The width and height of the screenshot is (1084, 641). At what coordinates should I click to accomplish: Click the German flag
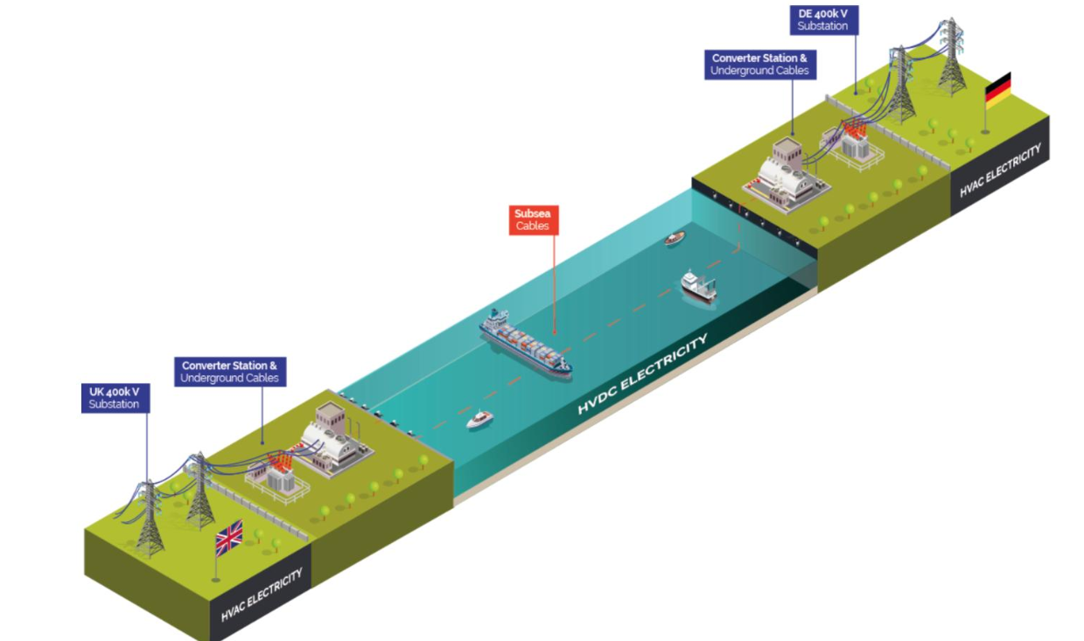click(x=997, y=90)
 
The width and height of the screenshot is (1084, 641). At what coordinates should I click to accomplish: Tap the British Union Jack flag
click(x=229, y=537)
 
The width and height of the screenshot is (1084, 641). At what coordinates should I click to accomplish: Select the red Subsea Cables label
click(x=534, y=219)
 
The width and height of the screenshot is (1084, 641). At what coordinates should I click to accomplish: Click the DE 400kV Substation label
click(x=822, y=19)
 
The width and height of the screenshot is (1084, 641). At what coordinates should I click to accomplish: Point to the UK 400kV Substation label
click(x=114, y=398)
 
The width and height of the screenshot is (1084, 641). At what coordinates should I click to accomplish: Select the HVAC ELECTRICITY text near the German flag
click(x=1000, y=171)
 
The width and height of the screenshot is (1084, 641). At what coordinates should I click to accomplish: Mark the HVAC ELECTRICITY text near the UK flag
click(x=262, y=595)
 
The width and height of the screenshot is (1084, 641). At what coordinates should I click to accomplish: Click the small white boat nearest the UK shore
click(x=479, y=420)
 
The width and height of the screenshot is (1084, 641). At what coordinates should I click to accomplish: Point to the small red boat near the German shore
click(x=674, y=238)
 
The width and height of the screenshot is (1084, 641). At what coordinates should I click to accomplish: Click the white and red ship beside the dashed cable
click(x=698, y=286)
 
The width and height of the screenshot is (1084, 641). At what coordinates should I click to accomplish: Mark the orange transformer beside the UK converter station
click(x=280, y=472)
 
